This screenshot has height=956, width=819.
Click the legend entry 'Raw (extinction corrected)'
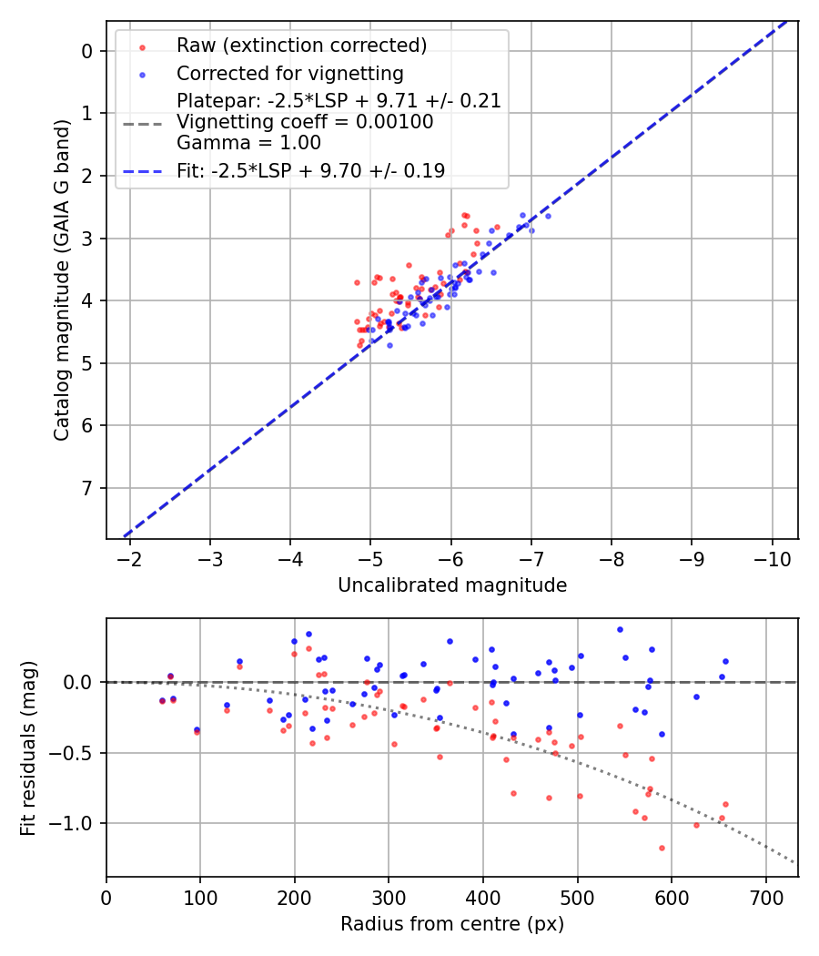tap(301, 46)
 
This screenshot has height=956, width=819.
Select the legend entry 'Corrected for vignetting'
tap(289, 73)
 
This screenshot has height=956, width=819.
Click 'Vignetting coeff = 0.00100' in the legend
tap(305, 122)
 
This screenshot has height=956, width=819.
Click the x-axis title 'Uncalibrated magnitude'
tap(452, 585)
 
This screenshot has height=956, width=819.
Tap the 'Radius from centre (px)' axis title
tap(452, 924)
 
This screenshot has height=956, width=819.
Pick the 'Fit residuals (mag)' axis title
tap(28, 747)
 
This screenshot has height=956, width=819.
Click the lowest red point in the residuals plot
tap(662, 848)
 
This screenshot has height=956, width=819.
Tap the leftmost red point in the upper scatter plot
tap(357, 282)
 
